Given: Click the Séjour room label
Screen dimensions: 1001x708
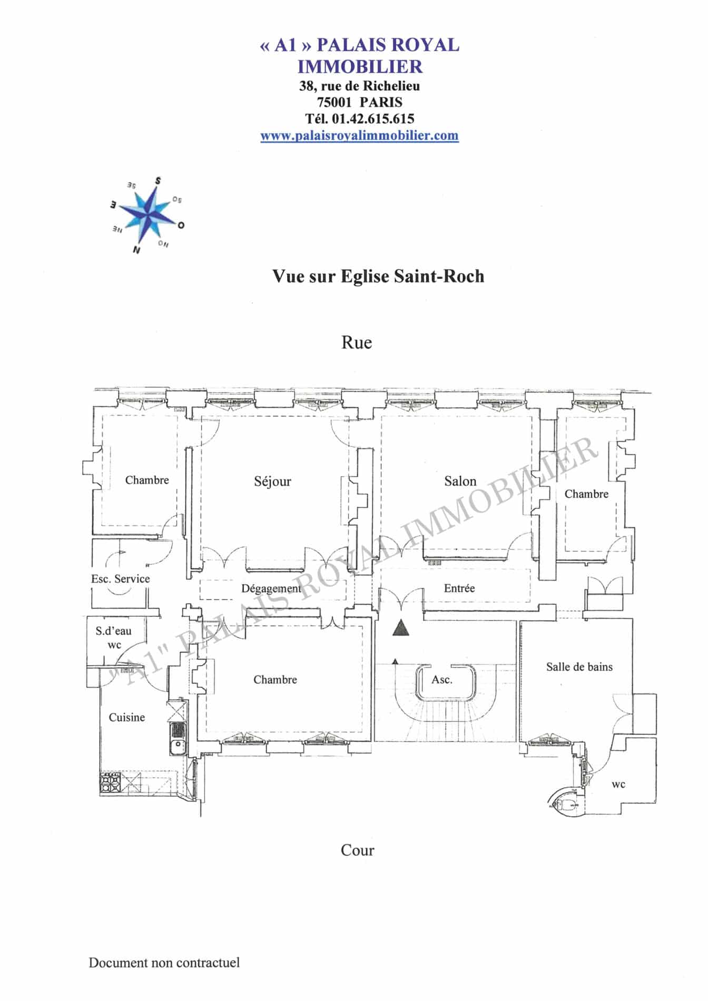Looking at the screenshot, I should pyautogui.click(x=272, y=482).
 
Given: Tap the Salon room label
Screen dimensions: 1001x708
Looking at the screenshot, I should pyautogui.click(x=460, y=481).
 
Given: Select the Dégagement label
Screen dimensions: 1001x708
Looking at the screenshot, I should pyautogui.click(x=271, y=588).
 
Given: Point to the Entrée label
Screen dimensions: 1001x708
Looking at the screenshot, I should pyautogui.click(x=459, y=588).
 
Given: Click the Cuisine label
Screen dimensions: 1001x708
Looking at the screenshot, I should pyautogui.click(x=126, y=717).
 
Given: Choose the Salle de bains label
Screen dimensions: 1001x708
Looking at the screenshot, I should pyautogui.click(x=579, y=667).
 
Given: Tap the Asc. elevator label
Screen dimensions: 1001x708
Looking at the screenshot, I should pyautogui.click(x=442, y=680).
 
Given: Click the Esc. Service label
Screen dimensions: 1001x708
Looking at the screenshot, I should pyautogui.click(x=120, y=578).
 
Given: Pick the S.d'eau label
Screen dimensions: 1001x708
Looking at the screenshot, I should pyautogui.click(x=114, y=631).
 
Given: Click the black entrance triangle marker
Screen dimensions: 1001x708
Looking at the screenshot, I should pyautogui.click(x=401, y=628).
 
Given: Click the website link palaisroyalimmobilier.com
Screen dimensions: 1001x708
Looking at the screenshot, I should pyautogui.click(x=359, y=135).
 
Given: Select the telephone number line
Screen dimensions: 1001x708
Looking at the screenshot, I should pyautogui.click(x=360, y=119).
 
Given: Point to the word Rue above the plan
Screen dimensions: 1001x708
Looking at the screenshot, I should pyautogui.click(x=357, y=342).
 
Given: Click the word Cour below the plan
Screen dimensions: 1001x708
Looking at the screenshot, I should pyautogui.click(x=357, y=850).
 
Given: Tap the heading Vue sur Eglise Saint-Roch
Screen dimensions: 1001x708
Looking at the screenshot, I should pyautogui.click(x=378, y=277).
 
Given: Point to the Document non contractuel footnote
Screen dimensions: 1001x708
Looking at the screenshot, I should pyautogui.click(x=164, y=963).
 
